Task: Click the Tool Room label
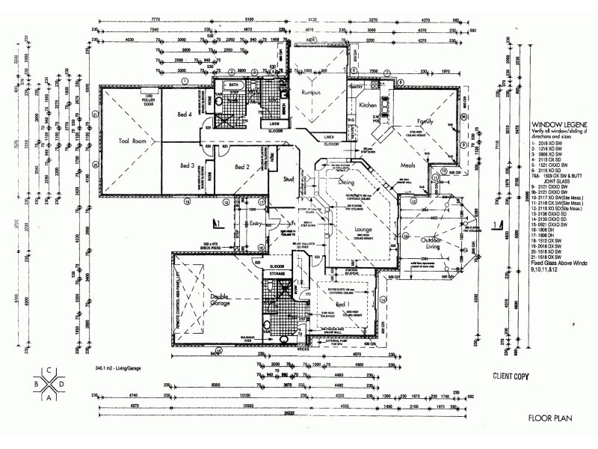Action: (x=135, y=141)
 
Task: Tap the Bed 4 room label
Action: (x=185, y=114)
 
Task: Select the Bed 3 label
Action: (x=188, y=165)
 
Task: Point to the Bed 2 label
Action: (x=241, y=167)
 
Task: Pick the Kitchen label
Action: (x=368, y=106)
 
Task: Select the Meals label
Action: (x=408, y=165)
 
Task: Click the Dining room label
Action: (x=346, y=182)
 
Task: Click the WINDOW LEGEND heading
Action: (x=559, y=125)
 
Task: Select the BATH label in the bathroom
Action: (x=234, y=85)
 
